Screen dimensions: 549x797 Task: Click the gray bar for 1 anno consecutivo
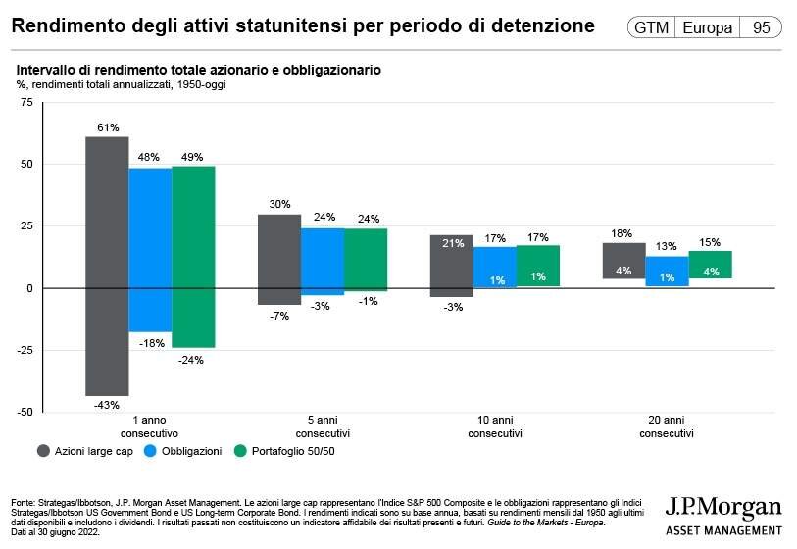point(107,266)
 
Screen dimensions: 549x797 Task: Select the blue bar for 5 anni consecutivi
point(322,261)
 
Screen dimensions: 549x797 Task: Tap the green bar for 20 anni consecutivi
point(710,265)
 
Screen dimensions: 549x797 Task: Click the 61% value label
point(108,128)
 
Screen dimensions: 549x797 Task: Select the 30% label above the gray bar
point(279,205)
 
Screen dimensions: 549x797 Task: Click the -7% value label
point(279,315)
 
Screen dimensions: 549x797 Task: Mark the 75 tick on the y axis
point(26,102)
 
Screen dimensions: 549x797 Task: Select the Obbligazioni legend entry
point(189,451)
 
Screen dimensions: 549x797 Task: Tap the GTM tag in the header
point(651,28)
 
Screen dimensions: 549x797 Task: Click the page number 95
point(761,28)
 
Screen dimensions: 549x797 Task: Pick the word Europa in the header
point(707,28)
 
